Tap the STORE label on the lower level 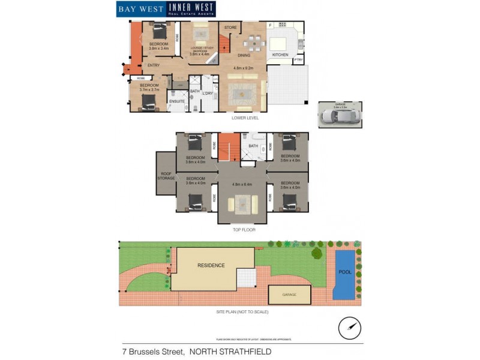pos(230,28)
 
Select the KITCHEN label pos(280,55)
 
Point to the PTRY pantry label pos(298,60)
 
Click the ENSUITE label pos(177,101)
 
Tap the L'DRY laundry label pos(208,93)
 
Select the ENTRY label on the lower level pos(154,65)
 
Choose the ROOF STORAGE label pos(166,176)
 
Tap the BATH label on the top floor pos(253,146)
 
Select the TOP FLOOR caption pos(244,230)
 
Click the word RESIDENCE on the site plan pos(211,265)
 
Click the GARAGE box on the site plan pos(289,295)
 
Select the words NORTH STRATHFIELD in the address pos(230,351)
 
